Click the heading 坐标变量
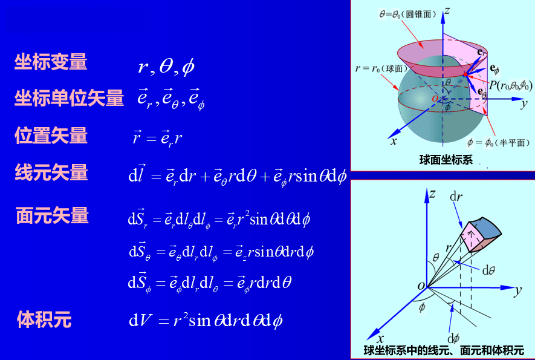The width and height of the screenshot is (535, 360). [51, 62]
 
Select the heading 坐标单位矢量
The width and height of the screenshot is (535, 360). [69, 97]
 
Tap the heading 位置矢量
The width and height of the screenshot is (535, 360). [51, 136]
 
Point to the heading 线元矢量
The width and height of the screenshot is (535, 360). [51, 172]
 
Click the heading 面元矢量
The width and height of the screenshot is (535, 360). [52, 215]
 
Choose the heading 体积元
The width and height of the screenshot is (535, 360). [44, 319]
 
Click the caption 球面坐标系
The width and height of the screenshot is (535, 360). [446, 160]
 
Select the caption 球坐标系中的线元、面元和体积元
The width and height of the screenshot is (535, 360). [444, 350]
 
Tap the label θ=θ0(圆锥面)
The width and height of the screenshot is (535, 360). [407, 15]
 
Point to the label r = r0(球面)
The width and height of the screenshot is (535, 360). [381, 68]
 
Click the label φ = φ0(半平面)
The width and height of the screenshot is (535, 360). [499, 142]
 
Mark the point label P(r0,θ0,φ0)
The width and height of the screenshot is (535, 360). [510, 85]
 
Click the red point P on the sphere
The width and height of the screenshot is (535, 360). [465, 74]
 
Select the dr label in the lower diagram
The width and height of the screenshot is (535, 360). [456, 197]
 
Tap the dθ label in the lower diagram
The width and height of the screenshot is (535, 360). [488, 271]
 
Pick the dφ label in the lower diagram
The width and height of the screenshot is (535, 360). [453, 338]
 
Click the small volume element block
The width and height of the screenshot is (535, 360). [481, 235]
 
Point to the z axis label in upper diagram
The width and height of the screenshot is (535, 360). [447, 11]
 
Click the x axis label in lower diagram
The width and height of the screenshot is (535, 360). [381, 339]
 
